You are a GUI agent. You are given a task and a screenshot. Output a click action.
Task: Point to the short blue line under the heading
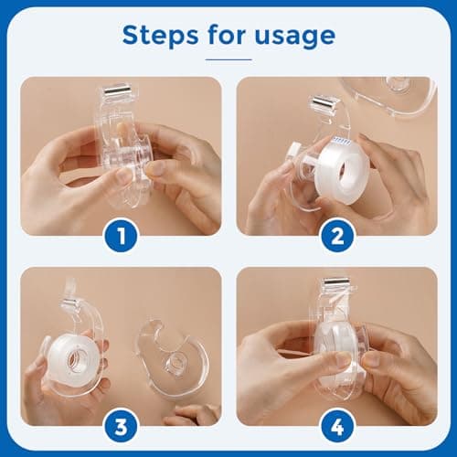pos(228,58)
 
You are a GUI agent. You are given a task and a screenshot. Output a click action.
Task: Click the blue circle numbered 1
pos(121,239)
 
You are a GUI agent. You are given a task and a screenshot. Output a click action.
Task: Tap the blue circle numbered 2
pos(336,239)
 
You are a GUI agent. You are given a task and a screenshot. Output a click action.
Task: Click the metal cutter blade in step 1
pos(119,91)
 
